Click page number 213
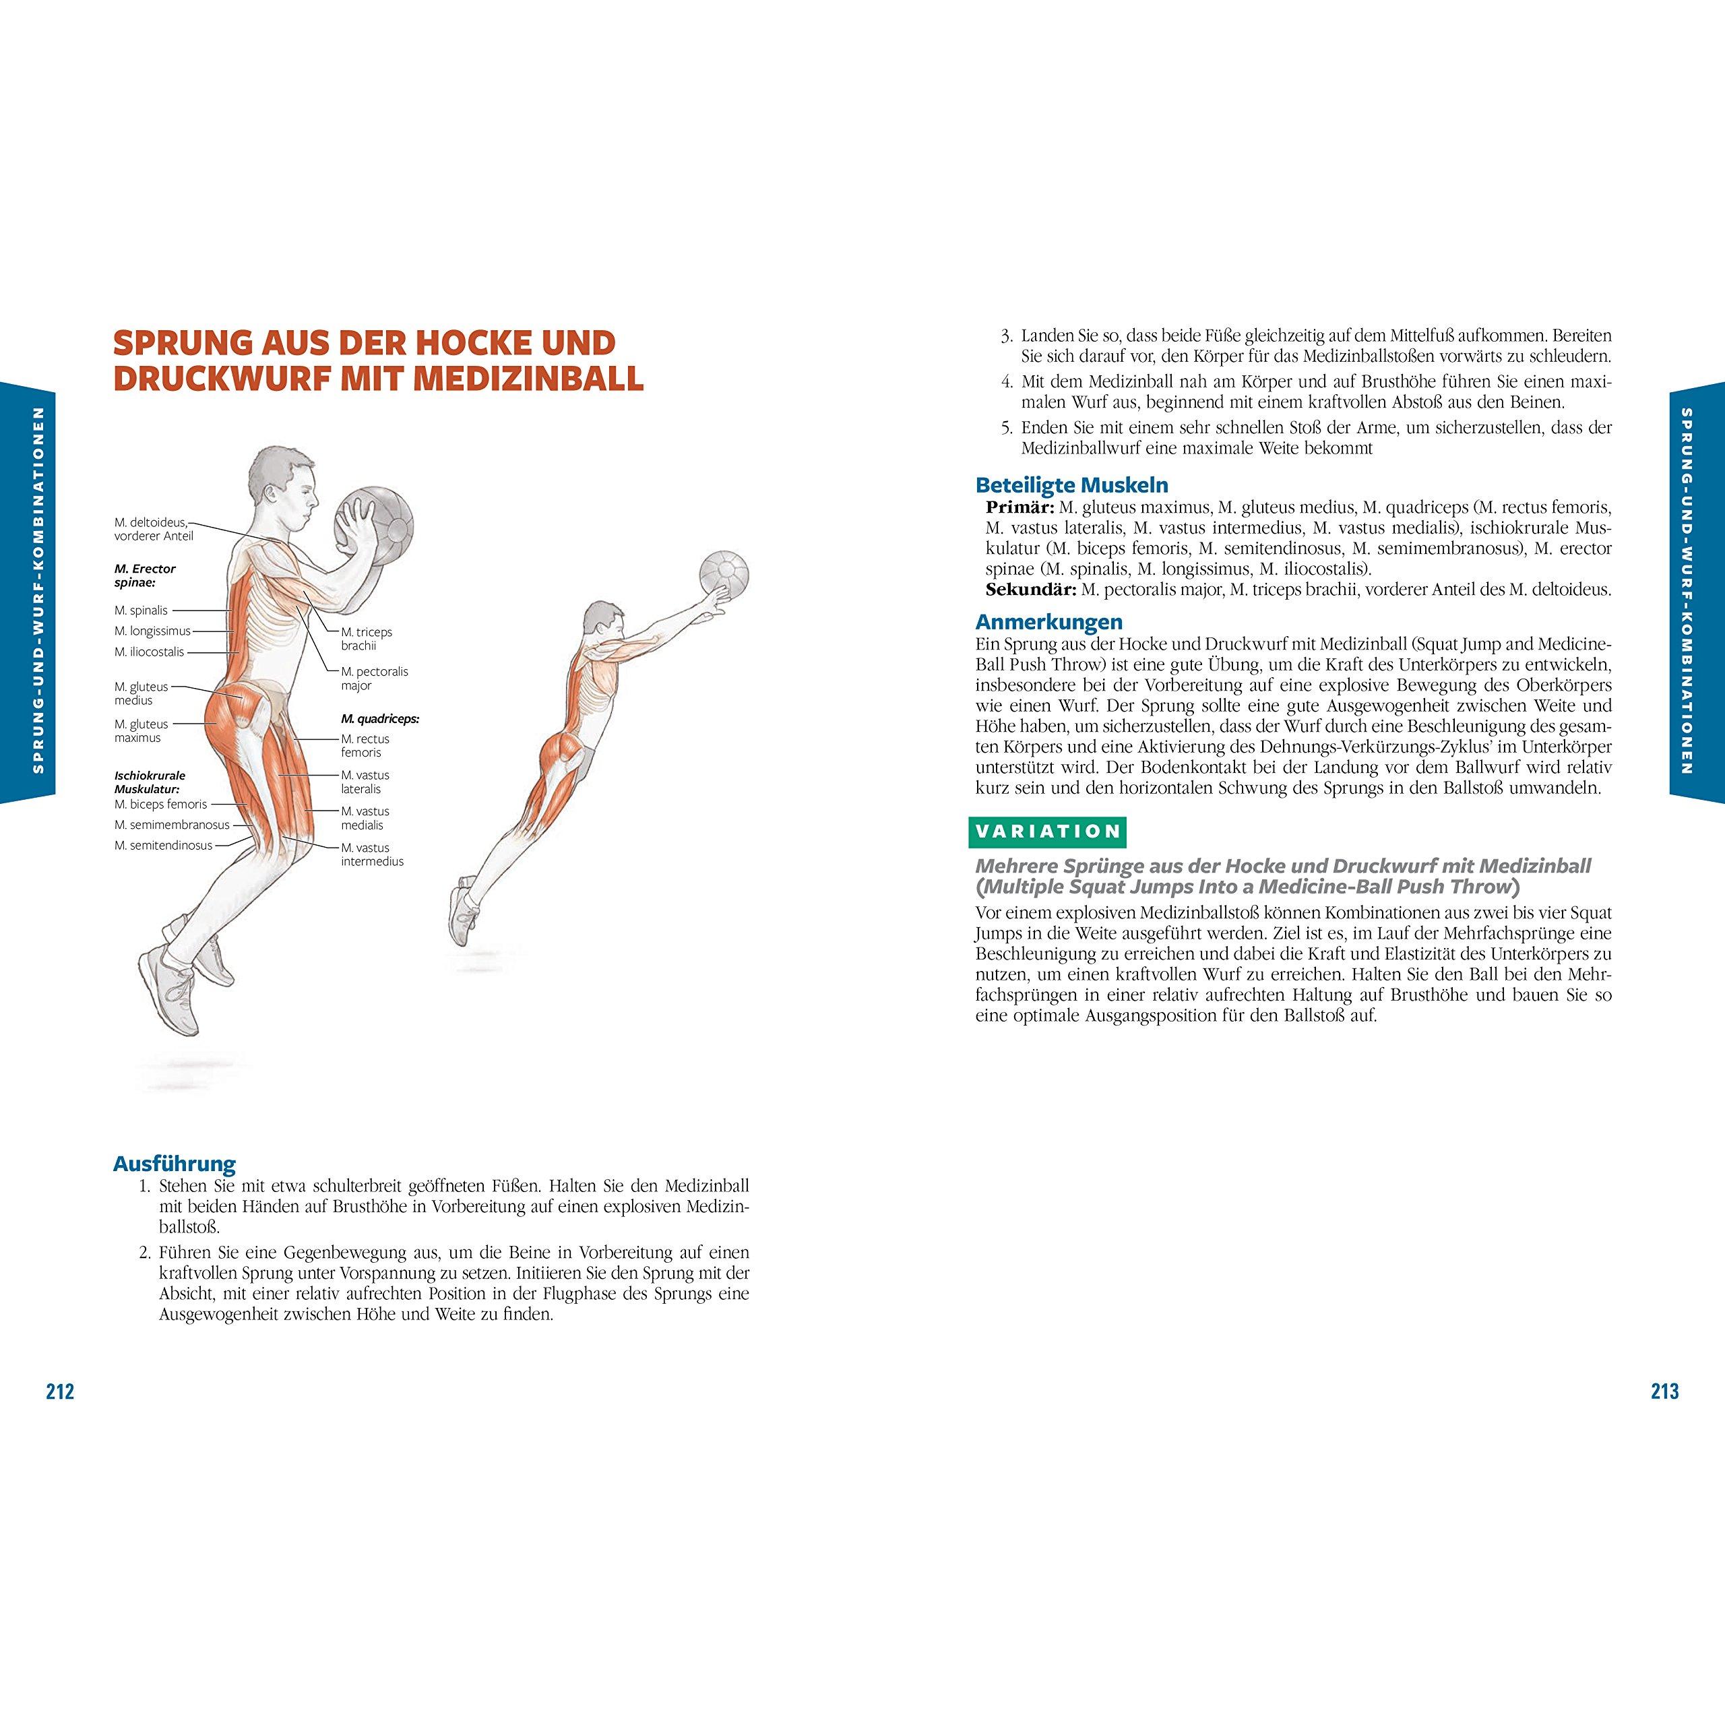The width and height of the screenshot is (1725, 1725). pos(1664,1391)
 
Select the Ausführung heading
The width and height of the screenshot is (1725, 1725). pos(174,1164)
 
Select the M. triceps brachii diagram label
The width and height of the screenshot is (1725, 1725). pos(366,638)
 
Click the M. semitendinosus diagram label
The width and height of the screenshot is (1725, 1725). pos(163,844)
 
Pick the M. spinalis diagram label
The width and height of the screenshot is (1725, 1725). pos(141,610)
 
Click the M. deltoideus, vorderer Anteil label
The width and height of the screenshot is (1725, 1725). pos(154,528)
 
